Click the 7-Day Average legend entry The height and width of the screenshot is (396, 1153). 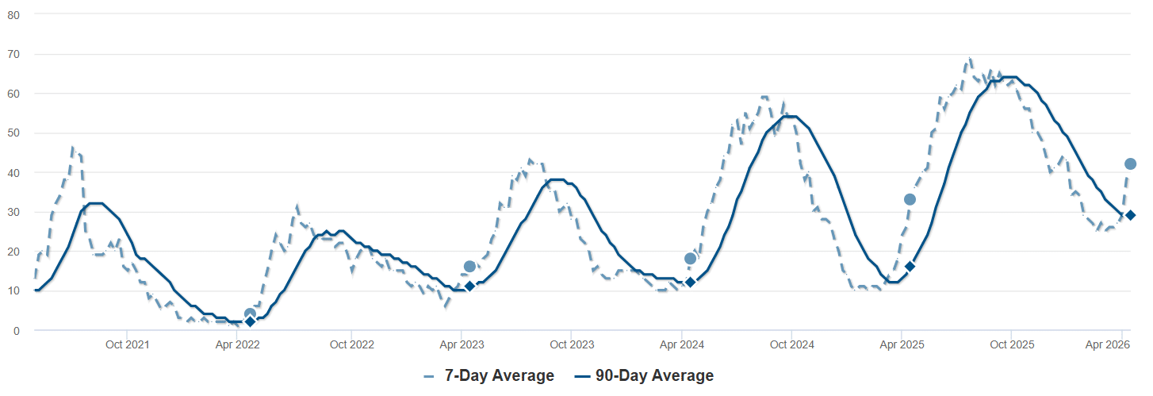[x=488, y=376]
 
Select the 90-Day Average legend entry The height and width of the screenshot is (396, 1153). [x=643, y=376]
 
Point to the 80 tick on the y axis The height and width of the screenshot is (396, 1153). [x=14, y=15]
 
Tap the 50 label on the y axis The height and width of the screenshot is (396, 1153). [x=14, y=133]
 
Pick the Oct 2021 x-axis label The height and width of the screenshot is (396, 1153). [x=127, y=345]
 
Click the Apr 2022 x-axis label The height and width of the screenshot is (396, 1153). [x=237, y=345]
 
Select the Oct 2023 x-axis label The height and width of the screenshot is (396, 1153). [x=571, y=345]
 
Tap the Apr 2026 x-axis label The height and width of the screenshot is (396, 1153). [x=1107, y=345]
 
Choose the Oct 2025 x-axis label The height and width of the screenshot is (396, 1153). [x=1012, y=345]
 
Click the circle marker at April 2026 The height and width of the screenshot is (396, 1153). [x=1131, y=164]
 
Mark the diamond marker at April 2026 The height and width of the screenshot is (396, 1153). [x=1131, y=215]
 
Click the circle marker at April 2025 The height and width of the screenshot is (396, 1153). [x=910, y=199]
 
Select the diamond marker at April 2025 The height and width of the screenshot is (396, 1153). [x=910, y=267]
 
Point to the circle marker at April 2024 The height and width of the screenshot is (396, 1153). [x=690, y=259]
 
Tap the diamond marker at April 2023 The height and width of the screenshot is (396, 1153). [x=469, y=286]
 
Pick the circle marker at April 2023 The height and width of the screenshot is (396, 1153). [x=469, y=267]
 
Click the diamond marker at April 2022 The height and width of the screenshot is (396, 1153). [x=250, y=321]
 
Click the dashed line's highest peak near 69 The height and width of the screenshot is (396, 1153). [x=969, y=59]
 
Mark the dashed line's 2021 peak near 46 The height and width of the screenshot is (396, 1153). [x=72, y=148]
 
